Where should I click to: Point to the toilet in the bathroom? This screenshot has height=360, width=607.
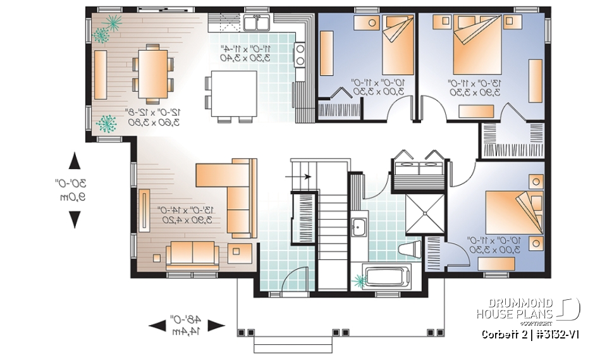pos(412,247)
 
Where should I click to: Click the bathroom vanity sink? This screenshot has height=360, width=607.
pos(358,226)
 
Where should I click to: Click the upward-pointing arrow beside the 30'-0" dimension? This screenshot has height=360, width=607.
pos(75,161)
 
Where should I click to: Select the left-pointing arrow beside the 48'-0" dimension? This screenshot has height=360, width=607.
pos(158,325)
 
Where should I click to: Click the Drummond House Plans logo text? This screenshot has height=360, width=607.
pos(515,308)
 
